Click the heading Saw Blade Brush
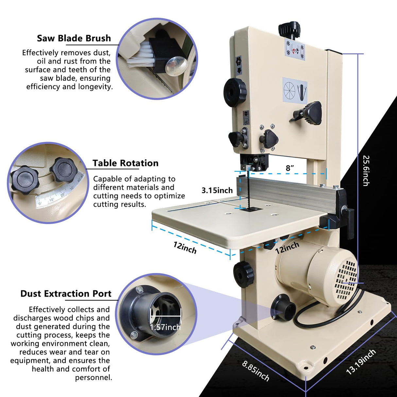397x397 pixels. (74, 38)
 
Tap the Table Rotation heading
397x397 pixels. (125, 163)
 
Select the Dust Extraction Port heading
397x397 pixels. (66, 294)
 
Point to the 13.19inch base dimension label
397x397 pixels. (361, 362)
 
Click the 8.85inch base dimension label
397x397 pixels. (256, 371)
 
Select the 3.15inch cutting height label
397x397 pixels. (217, 190)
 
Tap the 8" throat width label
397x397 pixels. (290, 168)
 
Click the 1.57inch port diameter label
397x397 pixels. (165, 327)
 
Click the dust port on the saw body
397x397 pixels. (283, 306)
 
